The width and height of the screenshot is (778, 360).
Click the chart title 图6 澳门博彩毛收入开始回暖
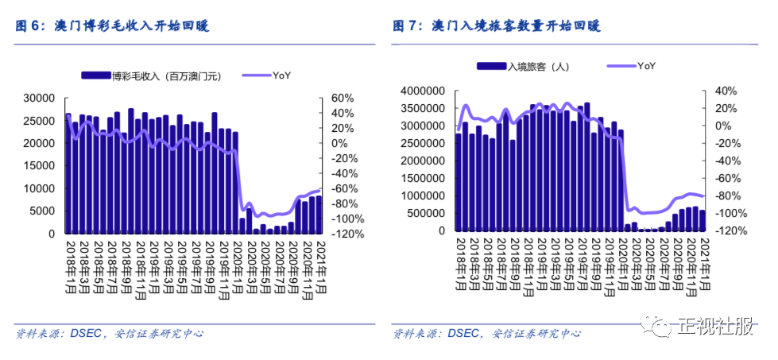(112, 26)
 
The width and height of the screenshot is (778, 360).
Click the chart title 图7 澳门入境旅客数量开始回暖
(497, 26)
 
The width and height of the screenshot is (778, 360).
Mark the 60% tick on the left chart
(331, 98)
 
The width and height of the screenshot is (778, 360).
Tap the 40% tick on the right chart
(715, 91)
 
